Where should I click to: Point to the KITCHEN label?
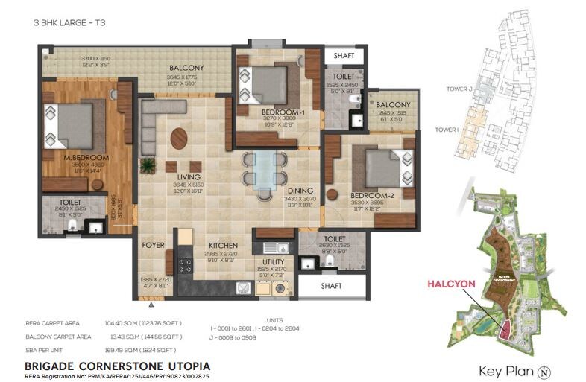(223, 246)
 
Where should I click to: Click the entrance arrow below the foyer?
(151, 304)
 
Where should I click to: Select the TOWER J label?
(460, 89)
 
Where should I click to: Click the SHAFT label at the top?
(344, 55)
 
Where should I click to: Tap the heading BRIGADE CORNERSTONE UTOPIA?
(117, 366)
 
